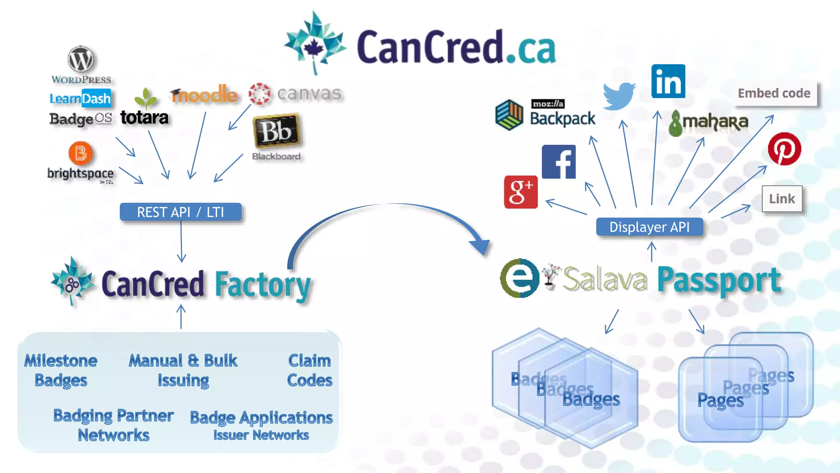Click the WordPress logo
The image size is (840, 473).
(x=81, y=60)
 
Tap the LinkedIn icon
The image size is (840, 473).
(x=668, y=81)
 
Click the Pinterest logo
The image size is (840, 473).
(x=784, y=149)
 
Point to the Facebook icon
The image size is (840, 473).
(x=559, y=162)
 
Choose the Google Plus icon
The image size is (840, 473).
(x=520, y=192)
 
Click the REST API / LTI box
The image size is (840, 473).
(x=180, y=212)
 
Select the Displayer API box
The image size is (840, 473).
(x=649, y=227)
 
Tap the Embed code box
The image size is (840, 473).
(x=774, y=94)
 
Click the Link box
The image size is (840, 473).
(x=782, y=199)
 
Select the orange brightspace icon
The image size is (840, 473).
(x=80, y=153)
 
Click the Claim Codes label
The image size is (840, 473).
(x=310, y=370)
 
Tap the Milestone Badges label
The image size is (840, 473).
(x=61, y=370)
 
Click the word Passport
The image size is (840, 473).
(x=719, y=280)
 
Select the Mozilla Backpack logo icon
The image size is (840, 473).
(x=509, y=115)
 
